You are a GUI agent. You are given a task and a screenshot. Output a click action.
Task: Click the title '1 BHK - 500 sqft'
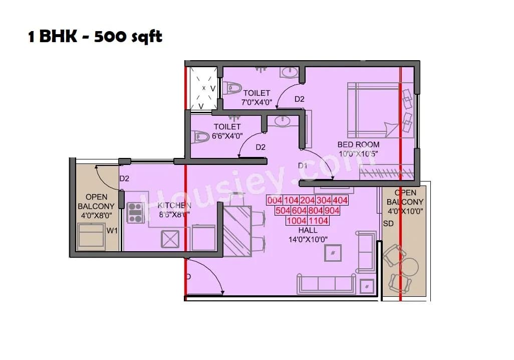pos(95,37)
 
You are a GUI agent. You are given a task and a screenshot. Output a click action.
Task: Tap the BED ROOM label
pos(358,144)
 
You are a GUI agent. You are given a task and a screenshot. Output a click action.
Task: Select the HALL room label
pos(308,230)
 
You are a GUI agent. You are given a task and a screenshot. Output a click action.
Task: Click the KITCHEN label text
pos(174,206)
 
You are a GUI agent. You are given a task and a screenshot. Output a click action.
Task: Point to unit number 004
pos(275,201)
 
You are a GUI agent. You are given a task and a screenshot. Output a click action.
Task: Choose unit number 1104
pos(318,221)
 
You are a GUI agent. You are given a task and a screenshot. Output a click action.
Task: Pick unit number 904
pos(332,211)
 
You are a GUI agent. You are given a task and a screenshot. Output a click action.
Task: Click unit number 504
pos(283,211)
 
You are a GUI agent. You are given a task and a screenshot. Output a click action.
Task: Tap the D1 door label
pos(303,165)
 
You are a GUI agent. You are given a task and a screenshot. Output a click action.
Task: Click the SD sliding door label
pos(388,224)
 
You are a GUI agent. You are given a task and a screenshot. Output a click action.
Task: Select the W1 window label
pos(112,231)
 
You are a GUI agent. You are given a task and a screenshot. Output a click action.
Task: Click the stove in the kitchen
pos(135,212)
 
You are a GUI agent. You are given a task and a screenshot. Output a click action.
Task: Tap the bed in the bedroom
pos(373,110)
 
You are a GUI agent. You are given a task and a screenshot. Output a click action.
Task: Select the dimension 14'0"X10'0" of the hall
pos(308,239)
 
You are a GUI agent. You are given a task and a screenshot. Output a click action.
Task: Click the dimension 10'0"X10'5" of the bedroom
pos(358,153)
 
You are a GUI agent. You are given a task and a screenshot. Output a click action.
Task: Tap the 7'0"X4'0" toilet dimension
pos(256,102)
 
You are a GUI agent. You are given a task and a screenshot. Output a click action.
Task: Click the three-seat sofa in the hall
pos(327,285)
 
